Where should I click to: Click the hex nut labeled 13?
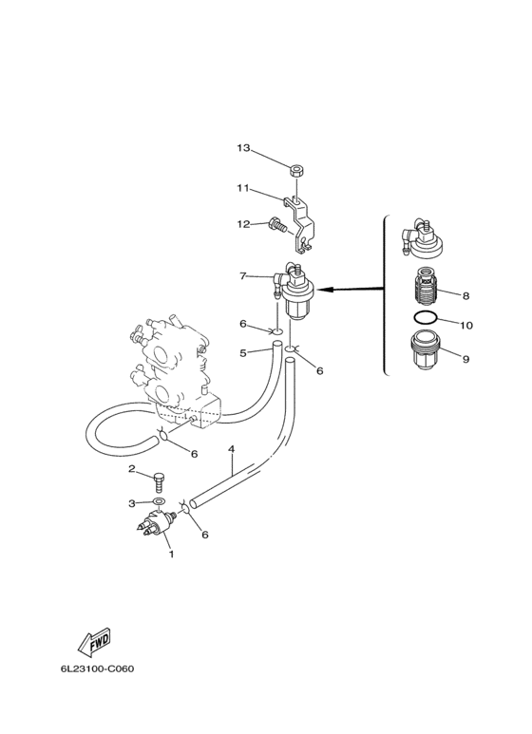pyautogui.click(x=296, y=171)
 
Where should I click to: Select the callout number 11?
pyautogui.click(x=242, y=188)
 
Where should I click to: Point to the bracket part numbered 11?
pyautogui.click(x=299, y=224)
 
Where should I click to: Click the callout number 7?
pyautogui.click(x=242, y=276)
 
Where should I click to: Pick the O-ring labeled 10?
pyautogui.click(x=426, y=317)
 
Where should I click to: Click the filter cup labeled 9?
pyautogui.click(x=427, y=348)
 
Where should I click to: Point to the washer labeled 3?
pyautogui.click(x=160, y=502)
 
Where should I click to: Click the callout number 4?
pyautogui.click(x=231, y=450)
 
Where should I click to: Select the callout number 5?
pyautogui.click(x=242, y=353)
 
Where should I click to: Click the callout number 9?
pyautogui.click(x=465, y=359)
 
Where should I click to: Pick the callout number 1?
pyautogui.click(x=171, y=555)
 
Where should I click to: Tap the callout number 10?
pyautogui.click(x=466, y=325)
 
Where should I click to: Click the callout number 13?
pyautogui.click(x=243, y=148)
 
